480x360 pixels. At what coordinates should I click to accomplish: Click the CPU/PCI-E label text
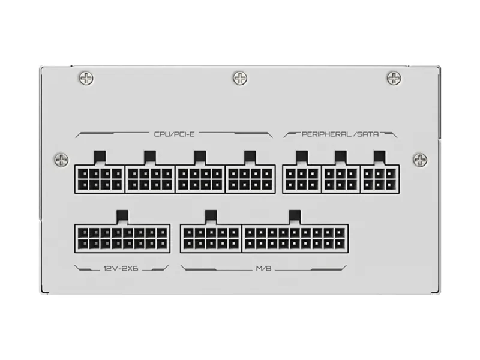tap(174, 134)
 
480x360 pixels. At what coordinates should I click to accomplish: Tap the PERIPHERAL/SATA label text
tap(340, 134)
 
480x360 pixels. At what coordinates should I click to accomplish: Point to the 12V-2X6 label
tap(121, 268)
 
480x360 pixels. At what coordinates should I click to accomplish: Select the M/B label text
tap(263, 268)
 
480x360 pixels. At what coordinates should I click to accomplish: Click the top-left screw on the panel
tap(86, 78)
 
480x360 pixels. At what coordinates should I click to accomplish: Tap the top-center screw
tap(240, 78)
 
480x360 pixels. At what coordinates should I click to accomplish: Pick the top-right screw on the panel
tap(394, 78)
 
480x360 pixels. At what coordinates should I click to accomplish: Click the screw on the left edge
tap(61, 159)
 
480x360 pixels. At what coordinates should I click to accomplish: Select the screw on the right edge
tap(421, 159)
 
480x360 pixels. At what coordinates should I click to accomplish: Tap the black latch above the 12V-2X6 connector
tap(122, 217)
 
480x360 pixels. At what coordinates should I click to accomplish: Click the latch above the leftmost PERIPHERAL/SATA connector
tap(302, 158)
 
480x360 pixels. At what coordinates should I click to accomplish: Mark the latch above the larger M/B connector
tap(295, 217)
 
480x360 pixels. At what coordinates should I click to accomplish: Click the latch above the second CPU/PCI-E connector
tap(150, 158)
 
